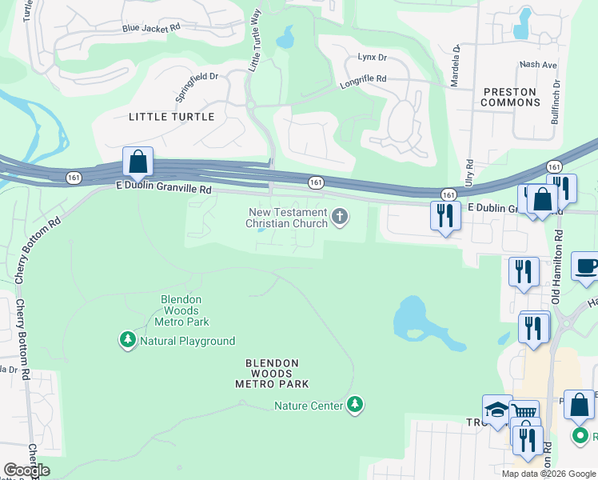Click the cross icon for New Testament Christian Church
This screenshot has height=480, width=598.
tap(341, 217)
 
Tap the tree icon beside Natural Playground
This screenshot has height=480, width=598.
tap(127, 341)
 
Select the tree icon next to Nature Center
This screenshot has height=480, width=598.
tap(356, 406)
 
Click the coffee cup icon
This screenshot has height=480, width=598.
tap(586, 266)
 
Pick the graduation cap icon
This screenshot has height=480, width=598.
tap(496, 410)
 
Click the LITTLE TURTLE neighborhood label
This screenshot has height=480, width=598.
tap(172, 117)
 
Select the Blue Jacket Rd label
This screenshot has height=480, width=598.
tap(152, 27)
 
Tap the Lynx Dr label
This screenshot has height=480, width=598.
tap(372, 58)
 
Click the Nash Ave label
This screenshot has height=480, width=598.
tap(537, 65)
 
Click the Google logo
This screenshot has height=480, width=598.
tap(26, 470)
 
